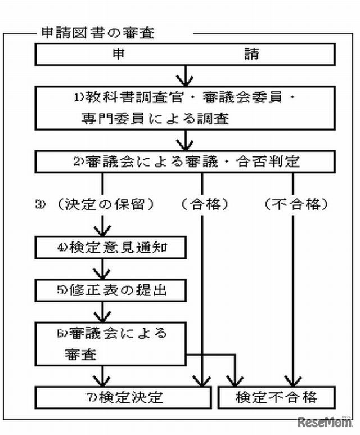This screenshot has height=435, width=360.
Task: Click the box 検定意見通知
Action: (111, 246)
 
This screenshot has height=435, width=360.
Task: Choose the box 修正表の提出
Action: (111, 290)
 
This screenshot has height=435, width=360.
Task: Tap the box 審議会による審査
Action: (111, 343)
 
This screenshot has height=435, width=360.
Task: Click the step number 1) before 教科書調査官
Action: (79, 97)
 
